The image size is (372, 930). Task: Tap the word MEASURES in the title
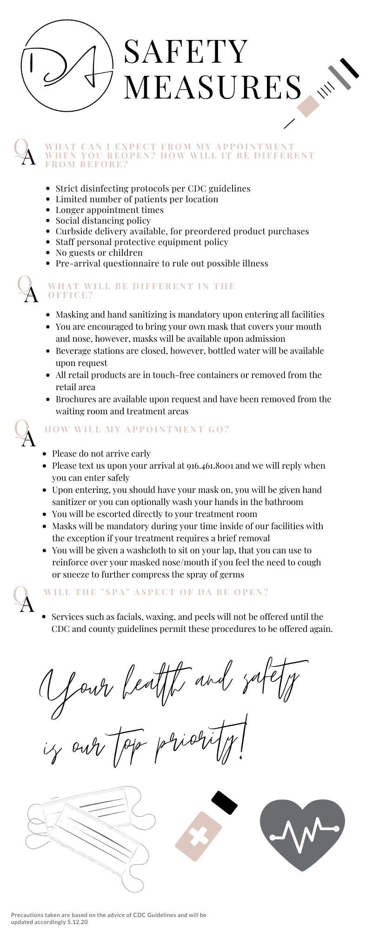[x=213, y=87]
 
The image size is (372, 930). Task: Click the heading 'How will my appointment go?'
[x=137, y=429]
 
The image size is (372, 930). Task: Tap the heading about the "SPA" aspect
[x=156, y=592]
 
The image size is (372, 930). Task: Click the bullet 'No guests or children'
[x=99, y=252]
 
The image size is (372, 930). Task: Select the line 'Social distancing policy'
[x=103, y=220]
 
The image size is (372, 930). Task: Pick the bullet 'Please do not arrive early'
[x=101, y=453]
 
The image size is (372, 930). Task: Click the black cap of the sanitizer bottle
[x=225, y=803]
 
